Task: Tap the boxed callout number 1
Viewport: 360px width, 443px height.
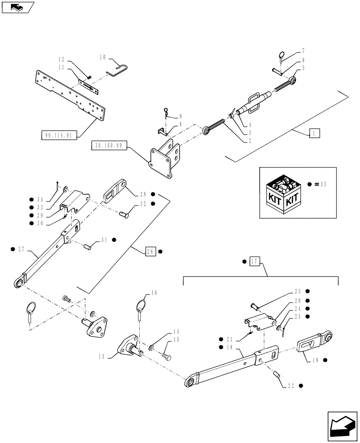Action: point(313,132)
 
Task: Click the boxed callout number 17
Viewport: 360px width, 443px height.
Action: point(254,261)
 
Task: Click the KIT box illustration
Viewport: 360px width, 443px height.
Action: point(284,192)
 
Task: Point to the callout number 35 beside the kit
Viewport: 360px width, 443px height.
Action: point(322,184)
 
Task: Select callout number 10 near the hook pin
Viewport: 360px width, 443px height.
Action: point(103,57)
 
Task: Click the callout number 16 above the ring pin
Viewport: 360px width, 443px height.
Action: point(154,293)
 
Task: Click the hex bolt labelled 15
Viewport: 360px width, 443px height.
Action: point(167,355)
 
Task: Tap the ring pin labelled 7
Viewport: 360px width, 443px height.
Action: point(281,56)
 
